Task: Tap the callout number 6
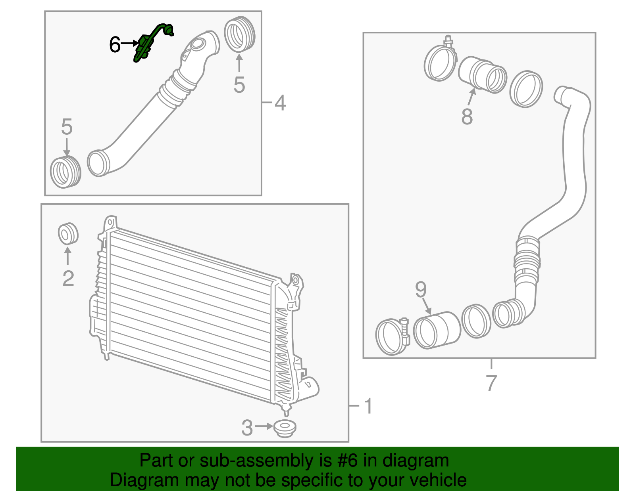click(115, 44)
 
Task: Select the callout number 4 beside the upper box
click(280, 103)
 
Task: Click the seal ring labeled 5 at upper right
click(239, 34)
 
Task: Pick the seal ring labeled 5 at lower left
click(65, 172)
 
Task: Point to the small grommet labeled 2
click(68, 234)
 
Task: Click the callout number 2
click(68, 279)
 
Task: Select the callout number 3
click(247, 428)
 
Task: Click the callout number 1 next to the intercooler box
click(368, 406)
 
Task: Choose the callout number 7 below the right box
click(491, 383)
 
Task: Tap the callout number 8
click(467, 117)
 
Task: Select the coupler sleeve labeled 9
click(437, 330)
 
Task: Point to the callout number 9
click(421, 290)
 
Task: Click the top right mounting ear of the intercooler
click(295, 281)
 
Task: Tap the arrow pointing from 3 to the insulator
click(264, 426)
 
